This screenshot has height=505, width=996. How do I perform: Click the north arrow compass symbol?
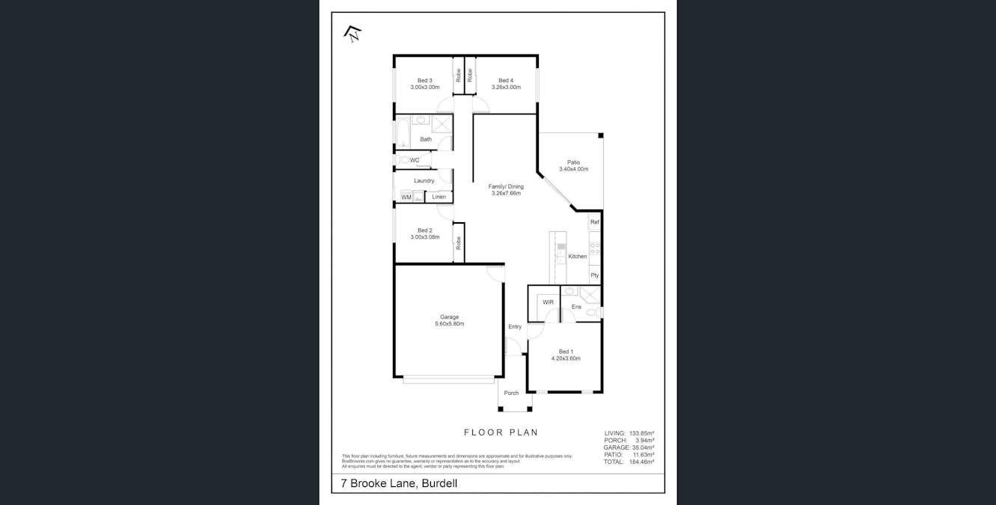[x=352, y=33]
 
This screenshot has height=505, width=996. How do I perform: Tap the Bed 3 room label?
[x=424, y=80]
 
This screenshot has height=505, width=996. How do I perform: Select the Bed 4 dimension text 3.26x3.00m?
[x=506, y=88]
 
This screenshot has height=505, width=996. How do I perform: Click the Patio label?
[x=573, y=162]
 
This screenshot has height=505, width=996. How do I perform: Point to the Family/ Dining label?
[x=506, y=186]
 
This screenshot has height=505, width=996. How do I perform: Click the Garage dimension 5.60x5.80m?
[x=449, y=324]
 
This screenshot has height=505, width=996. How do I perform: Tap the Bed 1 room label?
[x=566, y=352]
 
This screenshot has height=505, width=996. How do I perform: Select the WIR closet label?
[x=548, y=302]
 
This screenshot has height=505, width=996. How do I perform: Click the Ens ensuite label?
[x=576, y=307]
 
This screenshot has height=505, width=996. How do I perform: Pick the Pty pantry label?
[x=595, y=275]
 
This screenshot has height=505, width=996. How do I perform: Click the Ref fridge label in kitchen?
[x=595, y=222]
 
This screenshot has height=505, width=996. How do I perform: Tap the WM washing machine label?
[x=406, y=198]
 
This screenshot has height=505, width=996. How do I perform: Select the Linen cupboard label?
[x=439, y=198]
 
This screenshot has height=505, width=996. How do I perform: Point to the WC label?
[x=414, y=160]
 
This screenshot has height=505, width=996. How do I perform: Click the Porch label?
[x=511, y=393]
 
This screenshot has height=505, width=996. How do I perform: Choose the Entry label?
[x=515, y=326]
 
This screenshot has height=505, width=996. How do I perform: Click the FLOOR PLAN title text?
[x=501, y=432]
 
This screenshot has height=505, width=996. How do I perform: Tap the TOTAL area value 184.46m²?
[x=641, y=462]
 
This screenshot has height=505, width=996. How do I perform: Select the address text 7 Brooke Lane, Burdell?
[x=399, y=484]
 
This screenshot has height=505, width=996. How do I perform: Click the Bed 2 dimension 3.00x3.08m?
[x=424, y=237]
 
